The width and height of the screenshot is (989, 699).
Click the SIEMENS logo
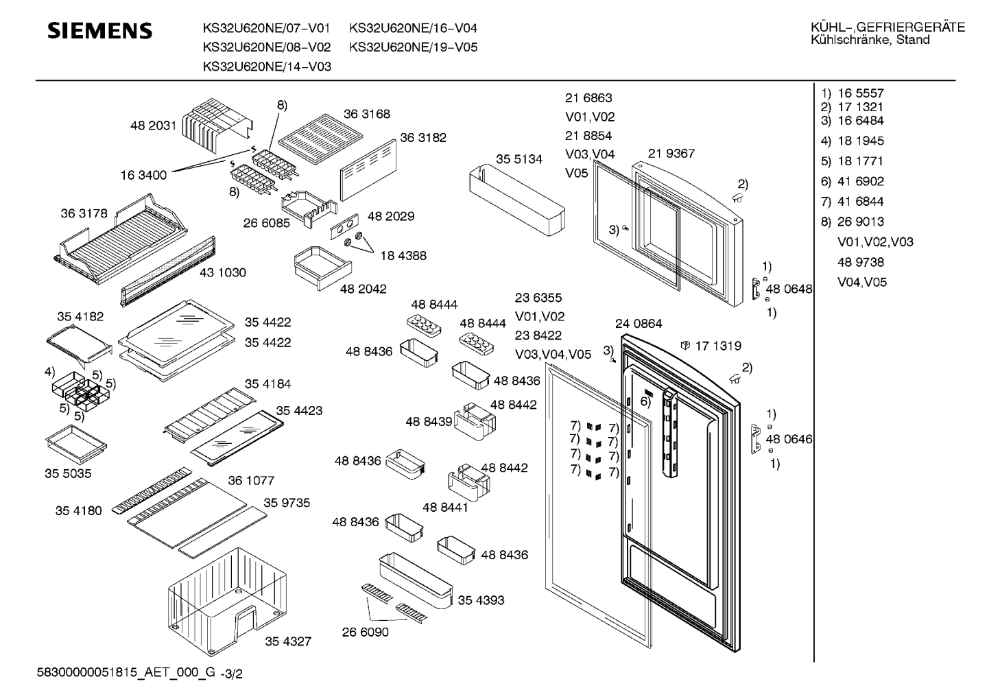(x=99, y=31)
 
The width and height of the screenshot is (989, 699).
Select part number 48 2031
(x=153, y=126)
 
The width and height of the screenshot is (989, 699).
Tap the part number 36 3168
(x=366, y=114)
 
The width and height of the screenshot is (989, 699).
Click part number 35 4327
(x=288, y=641)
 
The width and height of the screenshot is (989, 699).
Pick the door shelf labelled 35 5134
(x=518, y=198)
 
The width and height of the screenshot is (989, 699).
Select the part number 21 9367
(x=671, y=154)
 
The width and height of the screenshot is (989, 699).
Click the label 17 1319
(x=717, y=346)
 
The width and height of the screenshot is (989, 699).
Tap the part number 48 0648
(x=789, y=289)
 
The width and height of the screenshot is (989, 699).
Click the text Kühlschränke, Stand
(x=870, y=40)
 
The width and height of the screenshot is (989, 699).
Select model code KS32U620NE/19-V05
(x=413, y=47)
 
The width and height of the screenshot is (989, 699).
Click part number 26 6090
(x=365, y=632)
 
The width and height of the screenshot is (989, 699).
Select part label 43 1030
(x=222, y=272)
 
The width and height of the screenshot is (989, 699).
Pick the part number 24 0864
(x=638, y=324)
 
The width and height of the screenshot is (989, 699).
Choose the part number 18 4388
(x=403, y=255)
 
